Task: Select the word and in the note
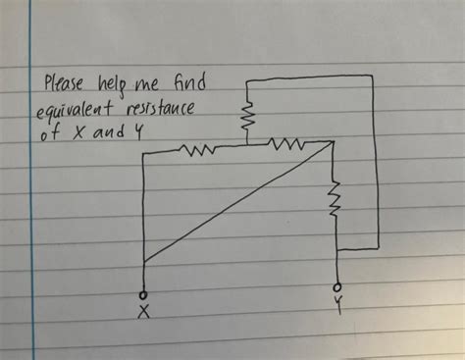coord(109,132)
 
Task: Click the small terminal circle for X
coord(144,291)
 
